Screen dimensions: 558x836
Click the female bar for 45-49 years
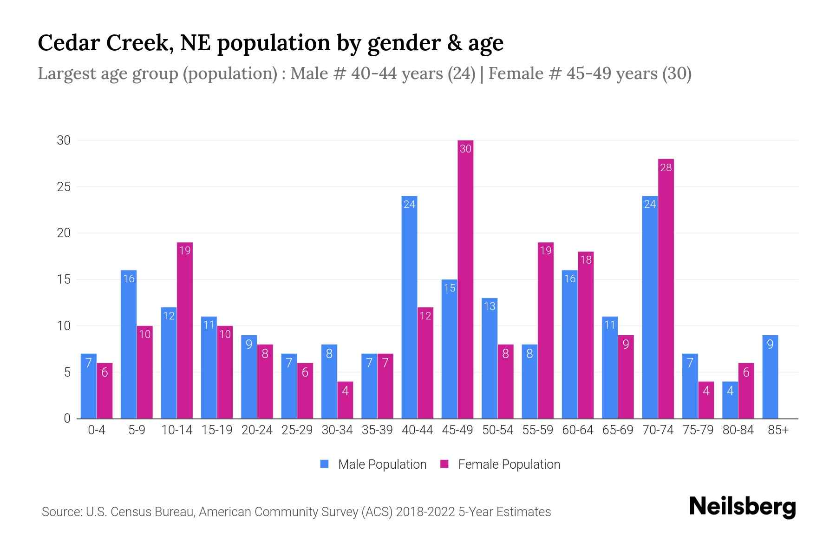(x=465, y=279)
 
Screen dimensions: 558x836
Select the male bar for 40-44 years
(x=409, y=307)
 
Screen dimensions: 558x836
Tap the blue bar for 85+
(x=770, y=377)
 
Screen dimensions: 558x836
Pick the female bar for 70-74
(x=666, y=288)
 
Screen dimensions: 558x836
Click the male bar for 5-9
(x=129, y=344)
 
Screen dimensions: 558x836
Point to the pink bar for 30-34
(x=345, y=400)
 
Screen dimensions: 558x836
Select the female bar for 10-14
(x=185, y=330)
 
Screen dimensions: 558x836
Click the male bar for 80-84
(x=730, y=400)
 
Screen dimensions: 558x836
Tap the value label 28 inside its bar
(x=666, y=167)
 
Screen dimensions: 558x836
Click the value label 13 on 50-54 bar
(x=490, y=306)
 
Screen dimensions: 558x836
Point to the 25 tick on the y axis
(x=64, y=187)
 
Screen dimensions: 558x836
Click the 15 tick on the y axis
(x=64, y=279)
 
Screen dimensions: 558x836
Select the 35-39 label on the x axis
(x=377, y=430)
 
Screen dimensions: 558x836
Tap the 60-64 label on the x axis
(x=577, y=430)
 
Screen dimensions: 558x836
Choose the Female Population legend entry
(x=500, y=464)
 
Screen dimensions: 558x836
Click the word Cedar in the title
(x=68, y=43)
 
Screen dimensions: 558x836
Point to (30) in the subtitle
(x=677, y=73)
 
